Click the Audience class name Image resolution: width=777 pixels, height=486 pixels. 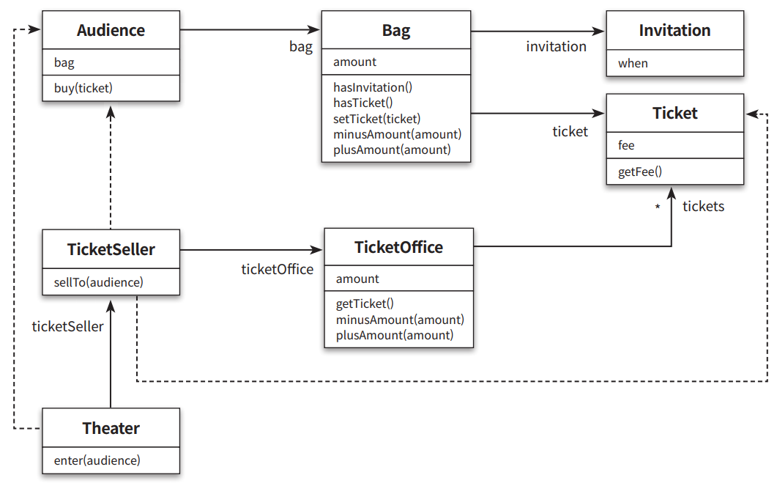pyautogui.click(x=111, y=30)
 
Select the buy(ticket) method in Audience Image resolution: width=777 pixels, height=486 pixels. pyautogui.click(x=83, y=88)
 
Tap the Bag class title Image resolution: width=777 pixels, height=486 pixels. pyautogui.click(x=396, y=31)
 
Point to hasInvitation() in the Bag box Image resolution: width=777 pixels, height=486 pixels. pyautogui.click(x=373, y=87)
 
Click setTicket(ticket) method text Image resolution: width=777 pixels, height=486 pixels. pyautogui.click(x=376, y=119)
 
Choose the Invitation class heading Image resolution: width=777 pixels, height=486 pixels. pyautogui.click(x=674, y=30)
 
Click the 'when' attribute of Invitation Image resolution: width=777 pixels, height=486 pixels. pyautogui.click(x=633, y=64)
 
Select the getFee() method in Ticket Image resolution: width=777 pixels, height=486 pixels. pyautogui.click(x=640, y=172)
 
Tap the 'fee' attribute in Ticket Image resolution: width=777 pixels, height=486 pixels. pyautogui.click(x=626, y=145)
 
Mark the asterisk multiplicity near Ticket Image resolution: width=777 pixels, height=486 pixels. pyautogui.click(x=658, y=207)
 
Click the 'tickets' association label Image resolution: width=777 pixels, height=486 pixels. pyautogui.click(x=703, y=206)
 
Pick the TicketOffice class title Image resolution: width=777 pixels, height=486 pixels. pyautogui.click(x=399, y=247)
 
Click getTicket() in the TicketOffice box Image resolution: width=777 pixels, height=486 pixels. pyautogui.click(x=365, y=303)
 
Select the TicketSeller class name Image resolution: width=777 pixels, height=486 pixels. pyautogui.click(x=111, y=249)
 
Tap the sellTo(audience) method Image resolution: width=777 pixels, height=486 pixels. pyautogui.click(x=99, y=282)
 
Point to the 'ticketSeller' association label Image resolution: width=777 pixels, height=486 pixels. pyautogui.click(x=68, y=326)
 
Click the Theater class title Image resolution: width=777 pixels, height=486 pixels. pyautogui.click(x=111, y=428)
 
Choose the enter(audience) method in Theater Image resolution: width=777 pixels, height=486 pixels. pyautogui.click(x=97, y=460)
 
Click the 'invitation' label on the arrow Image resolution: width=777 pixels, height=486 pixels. pyautogui.click(x=556, y=47)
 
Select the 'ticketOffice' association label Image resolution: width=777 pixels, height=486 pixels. pyautogui.click(x=278, y=269)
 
